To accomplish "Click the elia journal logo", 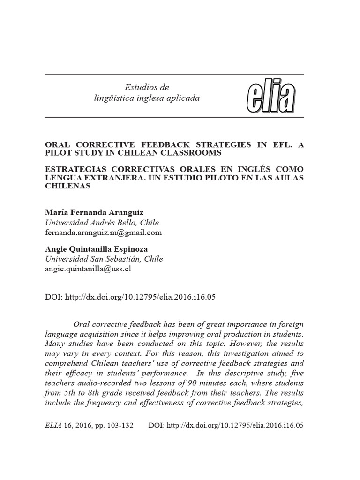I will tap(270, 97).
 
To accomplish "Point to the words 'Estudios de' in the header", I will tap(146, 87).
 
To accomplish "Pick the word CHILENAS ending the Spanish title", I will tap(67, 186).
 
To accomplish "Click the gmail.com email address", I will tap(103, 232).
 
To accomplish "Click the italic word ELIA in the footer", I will tap(52, 425).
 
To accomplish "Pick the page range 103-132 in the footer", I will tap(121, 425).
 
